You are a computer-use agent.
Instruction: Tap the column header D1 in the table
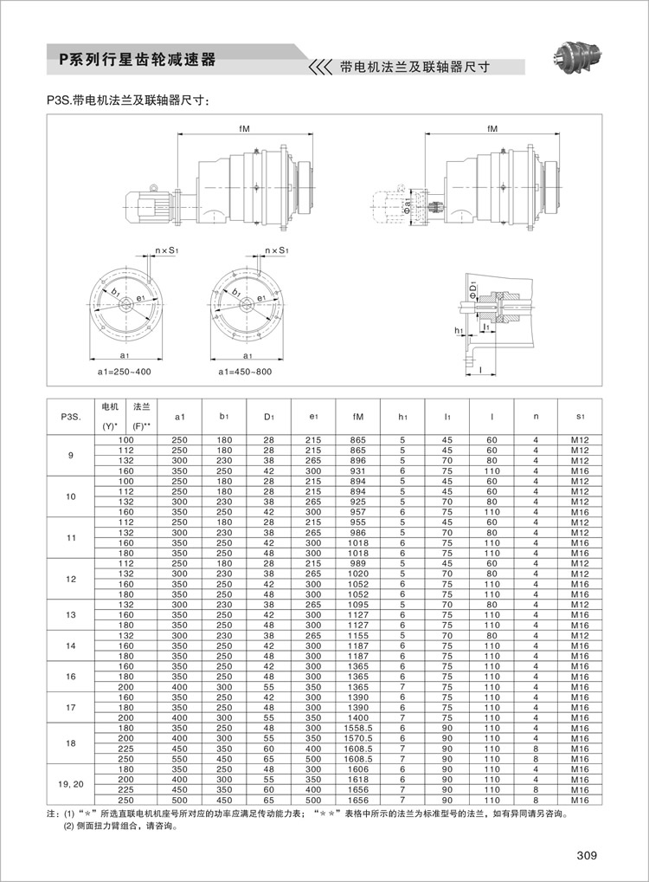click(x=268, y=417)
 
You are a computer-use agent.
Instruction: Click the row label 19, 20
click(x=71, y=784)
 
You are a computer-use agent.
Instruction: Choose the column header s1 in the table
click(x=579, y=417)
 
